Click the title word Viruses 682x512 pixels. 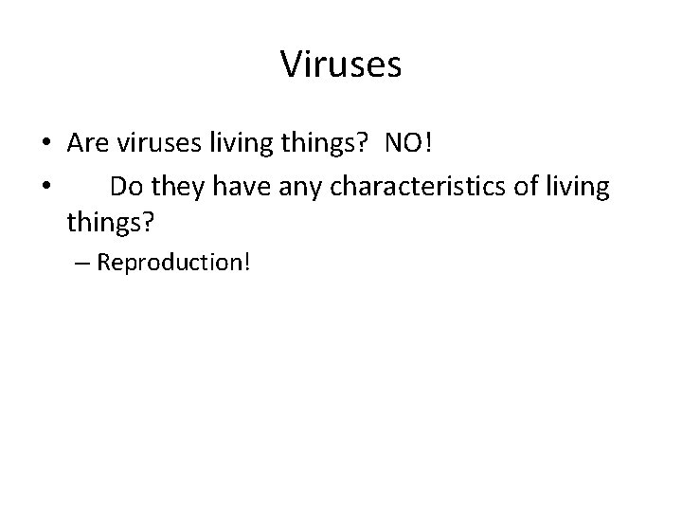click(x=341, y=65)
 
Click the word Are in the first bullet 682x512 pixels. click(x=87, y=143)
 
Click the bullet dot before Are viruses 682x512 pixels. click(x=45, y=145)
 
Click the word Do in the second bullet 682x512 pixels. click(x=125, y=187)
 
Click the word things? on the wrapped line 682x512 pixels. click(x=109, y=225)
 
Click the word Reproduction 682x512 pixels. click(x=169, y=263)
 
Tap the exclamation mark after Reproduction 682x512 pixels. click(x=246, y=262)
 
